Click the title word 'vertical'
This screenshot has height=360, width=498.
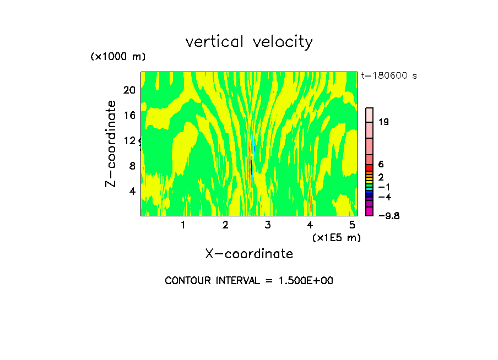[215, 42]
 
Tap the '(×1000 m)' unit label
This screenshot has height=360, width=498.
[118, 57]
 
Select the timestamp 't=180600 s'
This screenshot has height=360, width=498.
[388, 75]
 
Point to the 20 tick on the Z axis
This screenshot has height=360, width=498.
[129, 90]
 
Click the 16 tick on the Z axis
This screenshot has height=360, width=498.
[129, 115]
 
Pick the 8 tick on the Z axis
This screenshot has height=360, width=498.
[132, 166]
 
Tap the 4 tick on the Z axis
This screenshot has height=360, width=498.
[132, 191]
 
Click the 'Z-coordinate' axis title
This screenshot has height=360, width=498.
[111, 143]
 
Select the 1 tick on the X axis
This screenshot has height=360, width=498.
[183, 225]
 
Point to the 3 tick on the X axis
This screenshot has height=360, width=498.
[268, 225]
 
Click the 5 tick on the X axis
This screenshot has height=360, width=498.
[353, 225]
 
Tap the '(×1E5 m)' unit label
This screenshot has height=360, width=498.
[336, 238]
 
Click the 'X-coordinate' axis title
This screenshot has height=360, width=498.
[249, 254]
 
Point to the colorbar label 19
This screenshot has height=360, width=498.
[384, 122]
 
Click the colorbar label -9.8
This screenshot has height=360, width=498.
[388, 215]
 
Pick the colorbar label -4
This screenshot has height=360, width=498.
[385, 197]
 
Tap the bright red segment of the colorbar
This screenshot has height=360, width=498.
[370, 168]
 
